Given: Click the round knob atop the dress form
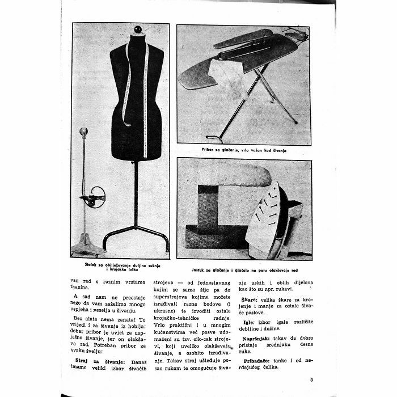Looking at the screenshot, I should (x=137, y=29).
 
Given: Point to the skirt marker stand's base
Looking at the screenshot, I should (x=85, y=245).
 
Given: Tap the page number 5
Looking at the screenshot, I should (x=311, y=380).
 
